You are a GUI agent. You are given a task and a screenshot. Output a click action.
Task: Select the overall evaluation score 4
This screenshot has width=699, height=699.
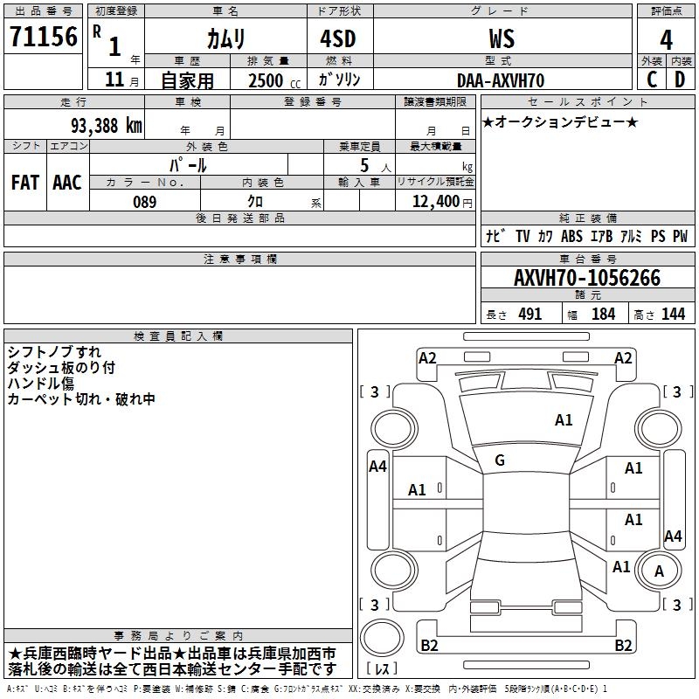pyautogui.click(x=667, y=39)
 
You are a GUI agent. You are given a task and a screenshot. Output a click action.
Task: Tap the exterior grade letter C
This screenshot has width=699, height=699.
pyautogui.click(x=652, y=80)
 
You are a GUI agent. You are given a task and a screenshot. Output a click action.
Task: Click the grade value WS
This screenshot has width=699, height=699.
pyautogui.click(x=502, y=39)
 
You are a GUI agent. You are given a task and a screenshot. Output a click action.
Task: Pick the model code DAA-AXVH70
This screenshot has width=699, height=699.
pyautogui.click(x=502, y=80)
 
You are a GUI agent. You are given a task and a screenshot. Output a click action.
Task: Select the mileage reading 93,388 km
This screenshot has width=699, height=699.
pyautogui.click(x=106, y=126)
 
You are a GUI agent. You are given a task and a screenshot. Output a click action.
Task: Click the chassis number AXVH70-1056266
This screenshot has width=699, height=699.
pyautogui.click(x=587, y=279)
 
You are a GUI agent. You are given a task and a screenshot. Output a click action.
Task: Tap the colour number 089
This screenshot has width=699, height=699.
pyautogui.click(x=144, y=202)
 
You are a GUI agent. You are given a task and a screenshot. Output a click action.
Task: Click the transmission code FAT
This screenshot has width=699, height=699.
pyautogui.click(x=25, y=182)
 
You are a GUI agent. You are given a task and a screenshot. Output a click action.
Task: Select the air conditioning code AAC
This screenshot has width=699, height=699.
pyautogui.click(x=67, y=182)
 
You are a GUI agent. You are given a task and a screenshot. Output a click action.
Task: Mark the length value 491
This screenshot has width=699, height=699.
pyautogui.click(x=530, y=315)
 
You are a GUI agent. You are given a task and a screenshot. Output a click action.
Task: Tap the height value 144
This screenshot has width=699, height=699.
pyautogui.click(x=673, y=315)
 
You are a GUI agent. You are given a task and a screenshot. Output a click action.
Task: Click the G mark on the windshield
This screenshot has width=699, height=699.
pyautogui.click(x=500, y=460)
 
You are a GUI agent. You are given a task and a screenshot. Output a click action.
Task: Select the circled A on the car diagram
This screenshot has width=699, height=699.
pyautogui.click(x=659, y=571)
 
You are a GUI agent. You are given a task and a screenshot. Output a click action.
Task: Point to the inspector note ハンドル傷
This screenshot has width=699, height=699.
pyautogui.click(x=42, y=384)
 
